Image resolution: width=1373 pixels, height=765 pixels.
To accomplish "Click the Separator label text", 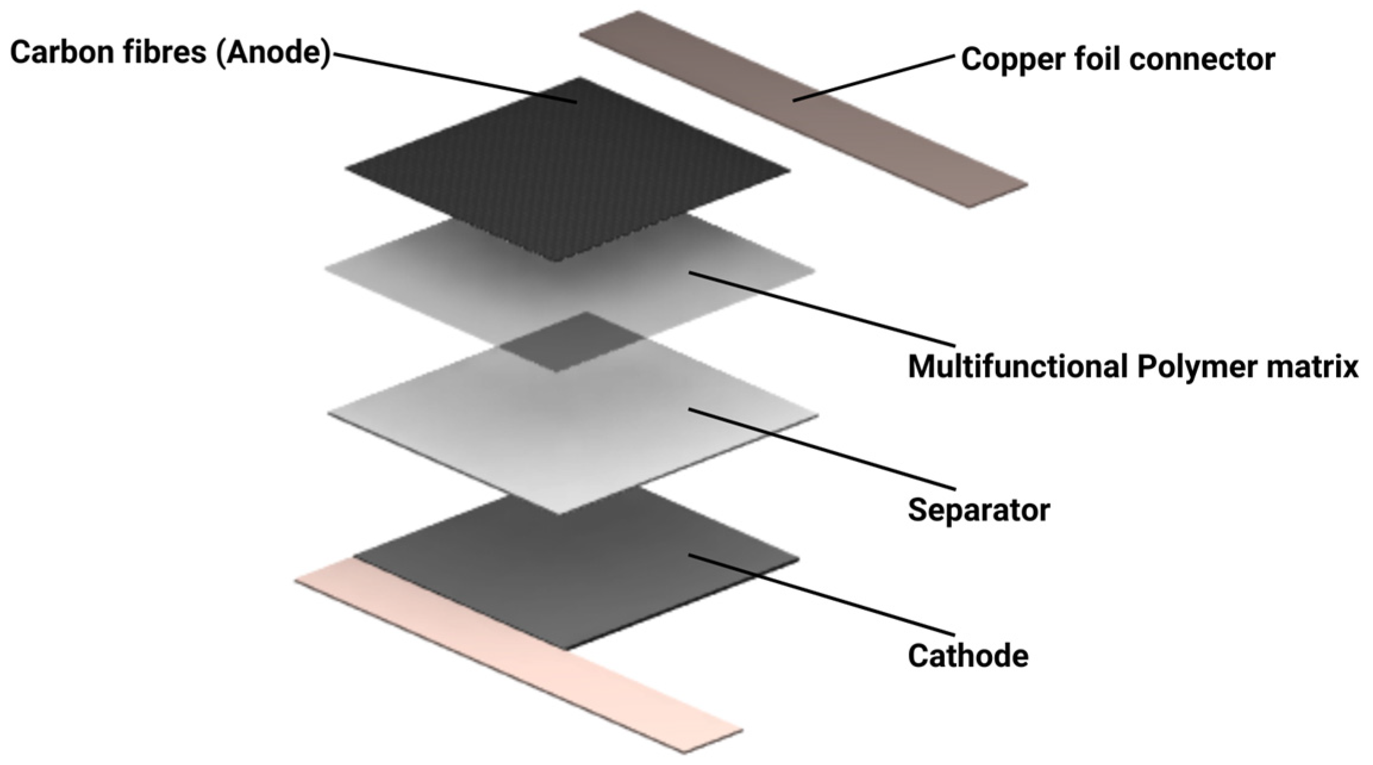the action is coord(979,510).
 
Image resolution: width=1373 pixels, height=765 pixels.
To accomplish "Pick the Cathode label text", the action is coord(968,655).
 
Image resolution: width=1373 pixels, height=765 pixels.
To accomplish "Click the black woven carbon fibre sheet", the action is coord(565,173).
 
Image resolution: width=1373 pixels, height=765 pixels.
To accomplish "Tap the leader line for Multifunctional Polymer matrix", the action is coord(821,309).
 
